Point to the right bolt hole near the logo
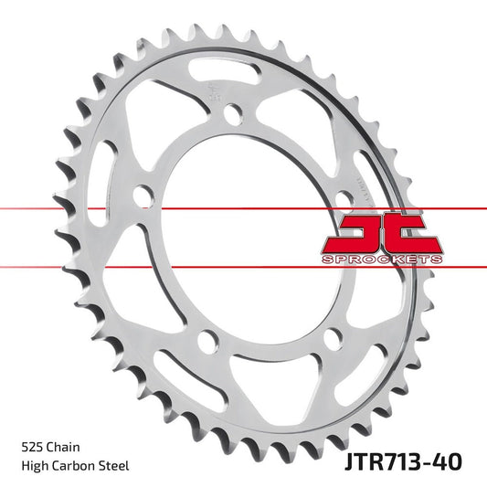344,199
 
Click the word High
35,466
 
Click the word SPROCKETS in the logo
382,259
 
